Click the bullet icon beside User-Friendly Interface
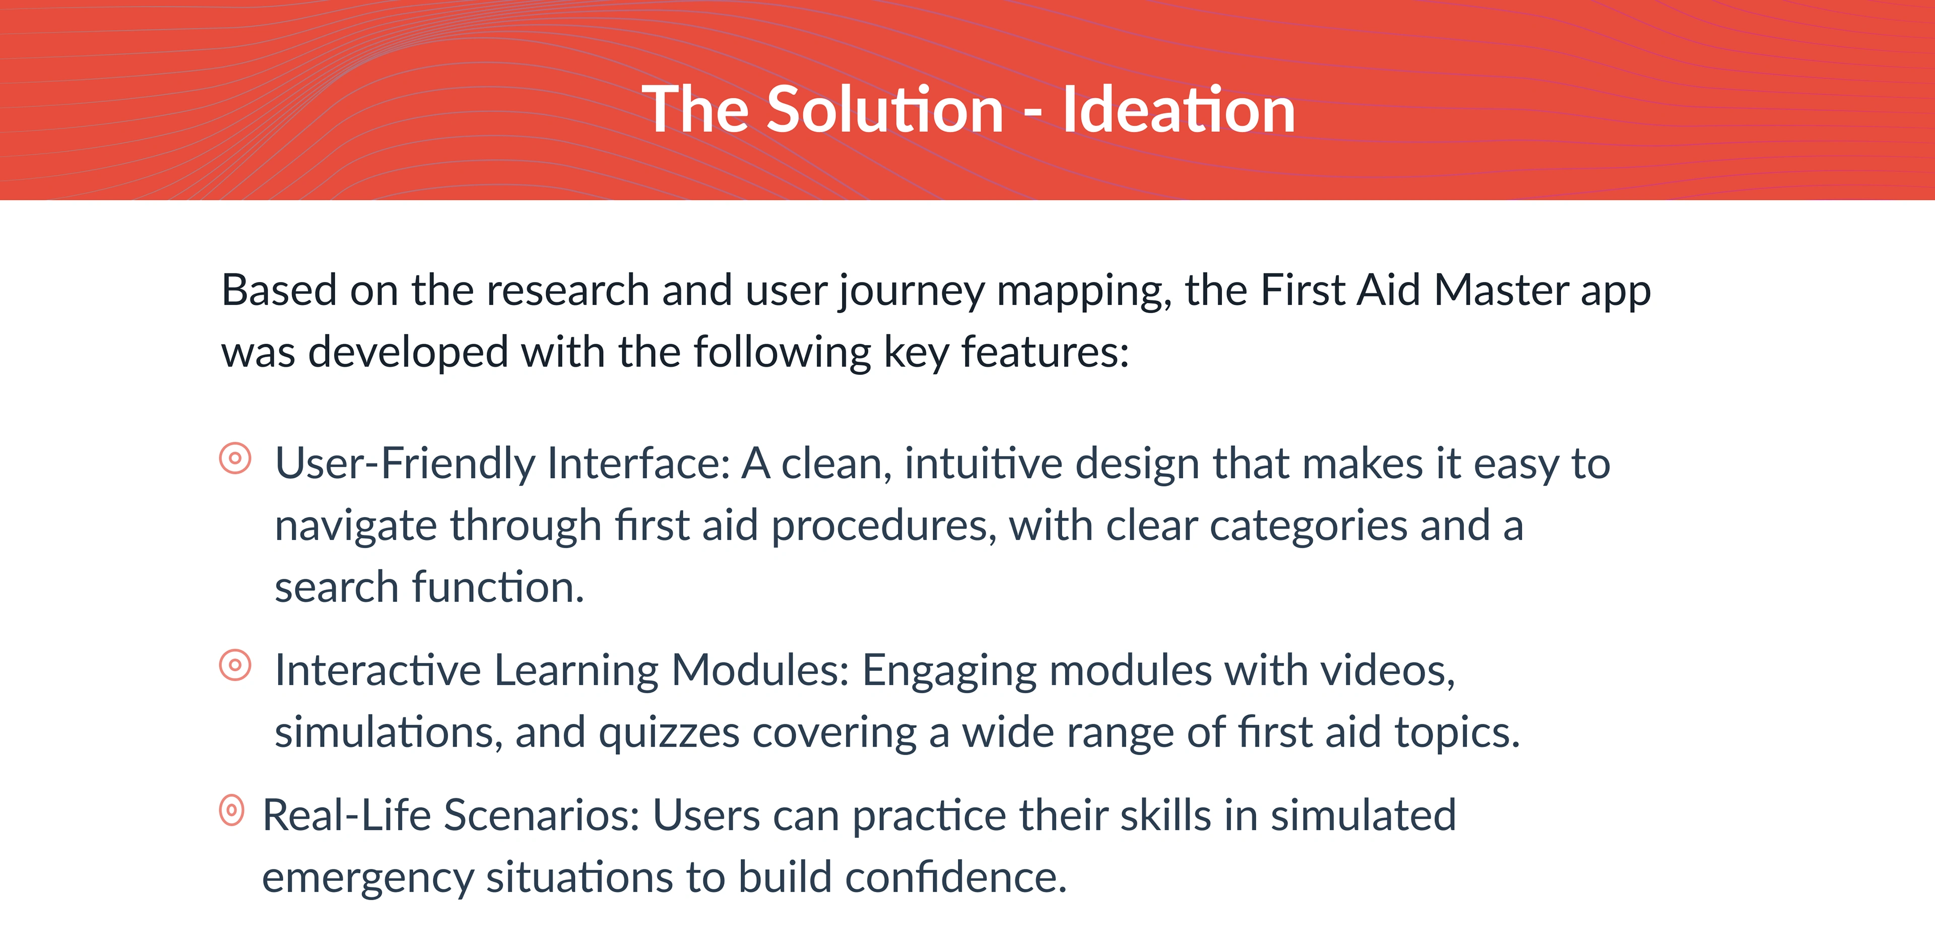click(235, 457)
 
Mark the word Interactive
click(378, 670)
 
